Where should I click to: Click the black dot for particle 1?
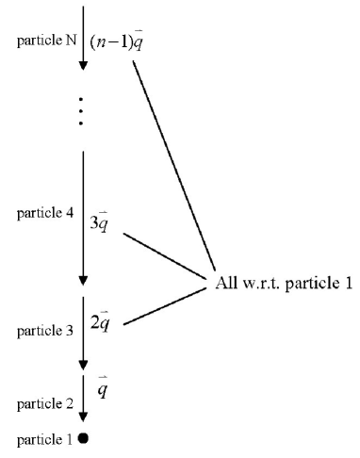click(x=84, y=438)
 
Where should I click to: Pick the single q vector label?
click(x=102, y=386)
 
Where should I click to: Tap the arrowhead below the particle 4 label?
click(x=83, y=279)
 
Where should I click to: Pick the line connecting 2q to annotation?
click(x=166, y=307)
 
